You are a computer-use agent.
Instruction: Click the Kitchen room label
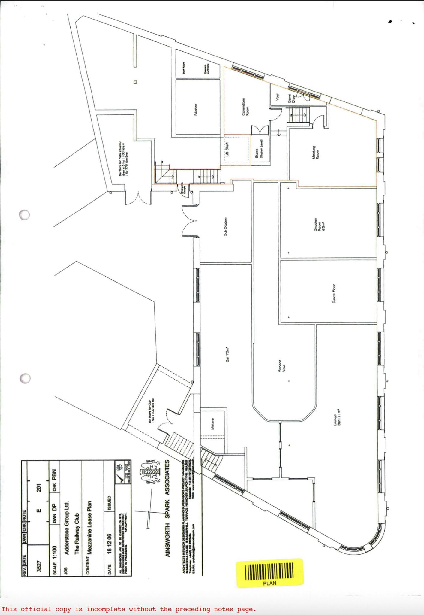tap(195, 110)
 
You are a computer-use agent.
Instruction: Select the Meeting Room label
tap(315, 152)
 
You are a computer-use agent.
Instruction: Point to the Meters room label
tap(212, 424)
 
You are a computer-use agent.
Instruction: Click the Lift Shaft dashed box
tap(236, 149)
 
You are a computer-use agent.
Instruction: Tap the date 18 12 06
tap(109, 544)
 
